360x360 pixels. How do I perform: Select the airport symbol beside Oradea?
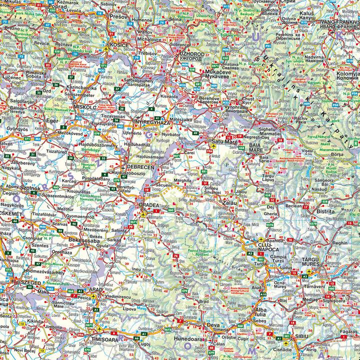click(144, 215)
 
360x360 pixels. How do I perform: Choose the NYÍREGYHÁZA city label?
click(152, 121)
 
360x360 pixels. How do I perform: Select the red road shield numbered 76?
click(175, 256)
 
